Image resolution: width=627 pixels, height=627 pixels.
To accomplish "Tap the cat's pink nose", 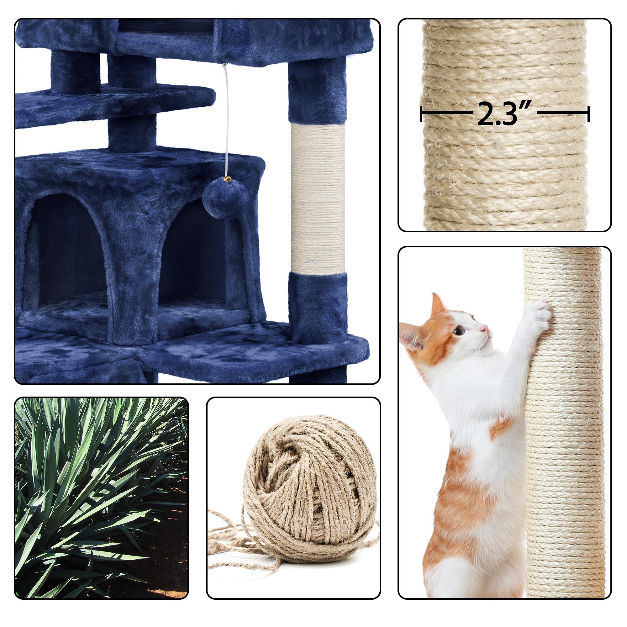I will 485,329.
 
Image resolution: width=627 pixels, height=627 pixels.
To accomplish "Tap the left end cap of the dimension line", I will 421,114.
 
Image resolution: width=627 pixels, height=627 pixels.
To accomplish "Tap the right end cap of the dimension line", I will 588,114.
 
